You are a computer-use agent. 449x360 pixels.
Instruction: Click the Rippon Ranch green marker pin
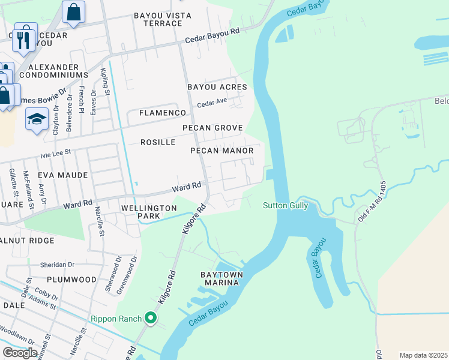[151, 318]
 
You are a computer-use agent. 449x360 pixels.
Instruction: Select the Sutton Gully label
[285, 206]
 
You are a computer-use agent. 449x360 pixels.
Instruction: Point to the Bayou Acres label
[217, 87]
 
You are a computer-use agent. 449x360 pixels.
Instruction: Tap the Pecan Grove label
[212, 128]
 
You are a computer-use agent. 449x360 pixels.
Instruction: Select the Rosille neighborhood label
[158, 142]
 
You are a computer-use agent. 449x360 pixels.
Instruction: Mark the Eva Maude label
[62, 175]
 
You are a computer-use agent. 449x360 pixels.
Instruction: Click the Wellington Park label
[149, 212]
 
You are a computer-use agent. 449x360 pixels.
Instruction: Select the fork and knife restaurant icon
[24, 39]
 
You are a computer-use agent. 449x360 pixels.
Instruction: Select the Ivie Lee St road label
[55, 154]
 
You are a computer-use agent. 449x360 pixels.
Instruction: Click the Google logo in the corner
[20, 353]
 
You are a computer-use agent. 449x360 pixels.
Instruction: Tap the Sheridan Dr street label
[58, 263]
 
